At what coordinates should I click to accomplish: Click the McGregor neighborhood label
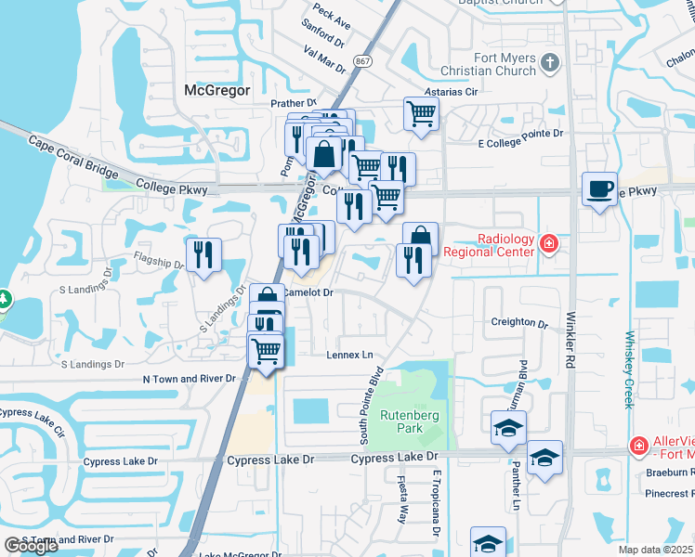(x=217, y=90)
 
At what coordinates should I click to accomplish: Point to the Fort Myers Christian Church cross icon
(x=550, y=64)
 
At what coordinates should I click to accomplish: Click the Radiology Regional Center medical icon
(x=549, y=244)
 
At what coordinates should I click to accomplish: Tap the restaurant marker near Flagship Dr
(x=203, y=255)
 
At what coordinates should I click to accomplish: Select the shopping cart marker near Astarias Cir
(x=421, y=115)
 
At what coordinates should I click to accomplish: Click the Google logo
(x=31, y=546)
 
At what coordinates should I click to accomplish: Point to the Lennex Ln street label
(x=348, y=356)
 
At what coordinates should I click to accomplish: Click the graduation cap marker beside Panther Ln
(x=544, y=458)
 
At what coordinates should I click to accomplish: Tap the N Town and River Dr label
(x=192, y=380)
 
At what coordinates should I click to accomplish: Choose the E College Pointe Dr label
(x=520, y=134)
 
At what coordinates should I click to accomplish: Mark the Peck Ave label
(x=331, y=15)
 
